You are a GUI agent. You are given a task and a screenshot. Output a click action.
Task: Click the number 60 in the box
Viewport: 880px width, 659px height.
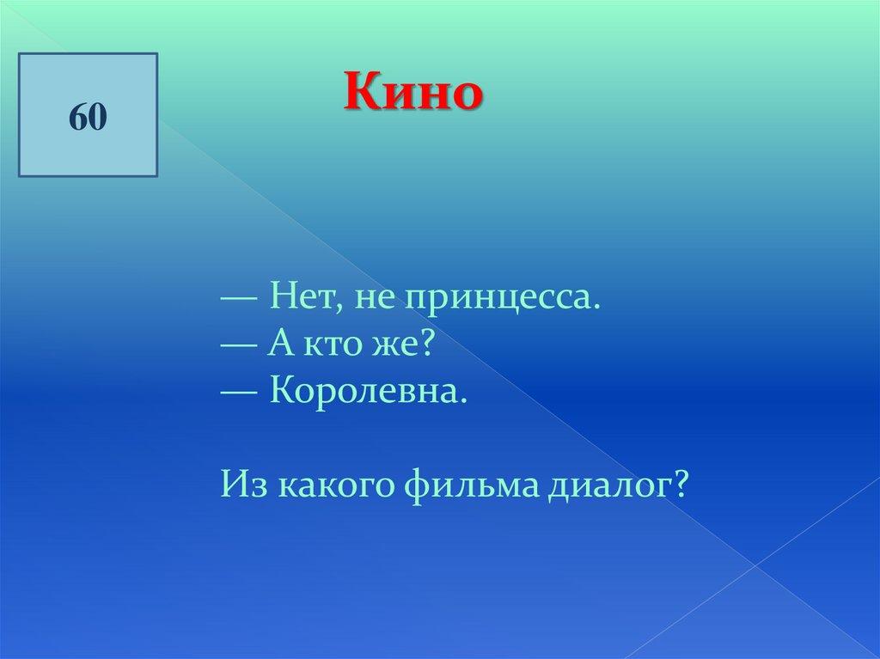pos(89,118)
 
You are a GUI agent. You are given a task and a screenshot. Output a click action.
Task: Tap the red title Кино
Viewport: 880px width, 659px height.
pos(413,91)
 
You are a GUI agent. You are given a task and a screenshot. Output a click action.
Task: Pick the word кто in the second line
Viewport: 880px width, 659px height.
pos(331,344)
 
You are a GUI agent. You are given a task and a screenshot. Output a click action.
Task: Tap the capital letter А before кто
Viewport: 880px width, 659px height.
pos(281,342)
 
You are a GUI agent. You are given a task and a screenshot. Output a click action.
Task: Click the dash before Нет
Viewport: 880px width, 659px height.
pos(240,298)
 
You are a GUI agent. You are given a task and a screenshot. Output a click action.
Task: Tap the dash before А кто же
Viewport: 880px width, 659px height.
pos(240,345)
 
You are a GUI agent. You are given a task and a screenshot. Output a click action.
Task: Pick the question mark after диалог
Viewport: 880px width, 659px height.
pos(680,483)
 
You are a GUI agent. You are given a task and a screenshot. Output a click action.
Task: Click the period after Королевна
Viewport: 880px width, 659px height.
pos(463,400)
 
